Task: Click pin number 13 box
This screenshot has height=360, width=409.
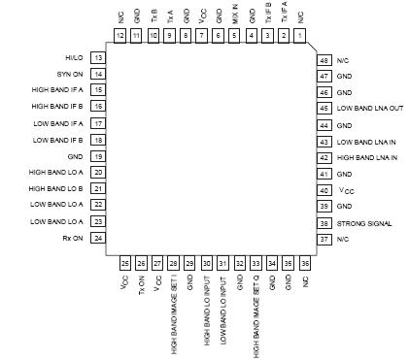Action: tap(99, 59)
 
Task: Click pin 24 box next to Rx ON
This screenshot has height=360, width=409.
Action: tap(99, 238)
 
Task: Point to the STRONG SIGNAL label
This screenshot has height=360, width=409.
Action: tap(364, 223)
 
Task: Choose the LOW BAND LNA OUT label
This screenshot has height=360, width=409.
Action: tap(369, 108)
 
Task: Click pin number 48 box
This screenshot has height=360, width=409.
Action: tap(324, 59)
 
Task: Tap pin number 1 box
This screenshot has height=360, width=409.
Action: tap(300, 36)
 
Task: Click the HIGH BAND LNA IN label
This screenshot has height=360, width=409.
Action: tap(368, 157)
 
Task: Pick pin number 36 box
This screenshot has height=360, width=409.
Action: tap(305, 262)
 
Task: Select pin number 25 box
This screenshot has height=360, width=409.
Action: tap(124, 262)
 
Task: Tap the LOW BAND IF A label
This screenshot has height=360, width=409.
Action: tap(59, 123)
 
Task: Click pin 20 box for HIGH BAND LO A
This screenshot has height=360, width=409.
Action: tap(99, 172)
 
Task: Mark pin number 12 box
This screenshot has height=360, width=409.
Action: tap(119, 36)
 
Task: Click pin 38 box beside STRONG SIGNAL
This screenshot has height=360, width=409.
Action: tap(324, 223)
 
